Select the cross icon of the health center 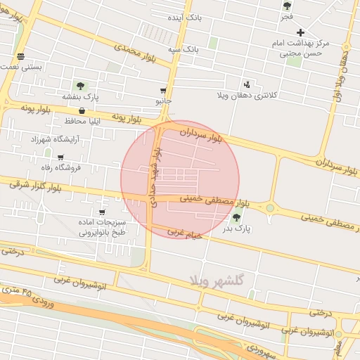[301, 32]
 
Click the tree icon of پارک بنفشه [81, 85]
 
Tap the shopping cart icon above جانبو [164, 91]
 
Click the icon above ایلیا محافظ [83, 110]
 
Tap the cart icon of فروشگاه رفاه [60, 157]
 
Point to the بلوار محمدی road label [139, 54]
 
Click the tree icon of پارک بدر [237, 217]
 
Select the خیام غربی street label [185, 233]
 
